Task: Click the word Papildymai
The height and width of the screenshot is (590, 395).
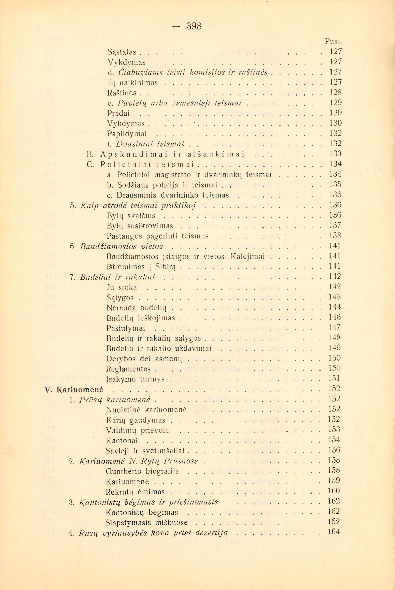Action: click(127, 133)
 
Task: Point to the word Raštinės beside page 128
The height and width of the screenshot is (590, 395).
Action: click(122, 93)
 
